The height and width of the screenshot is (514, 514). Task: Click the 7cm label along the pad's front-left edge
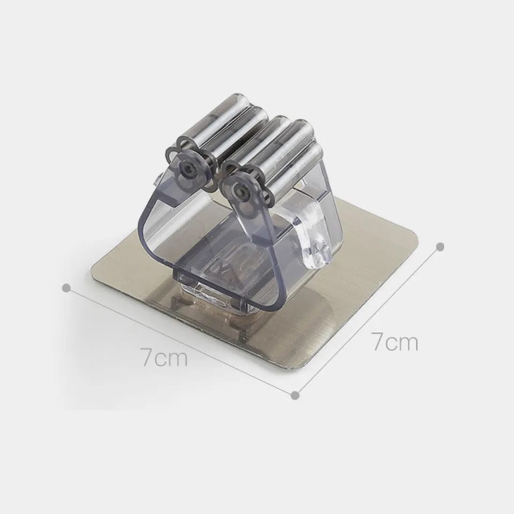tap(164, 357)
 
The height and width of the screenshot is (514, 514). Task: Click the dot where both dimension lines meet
tap(295, 395)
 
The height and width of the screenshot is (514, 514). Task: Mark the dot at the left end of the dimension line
tap(66, 288)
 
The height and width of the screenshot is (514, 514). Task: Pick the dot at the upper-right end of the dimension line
tap(440, 246)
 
